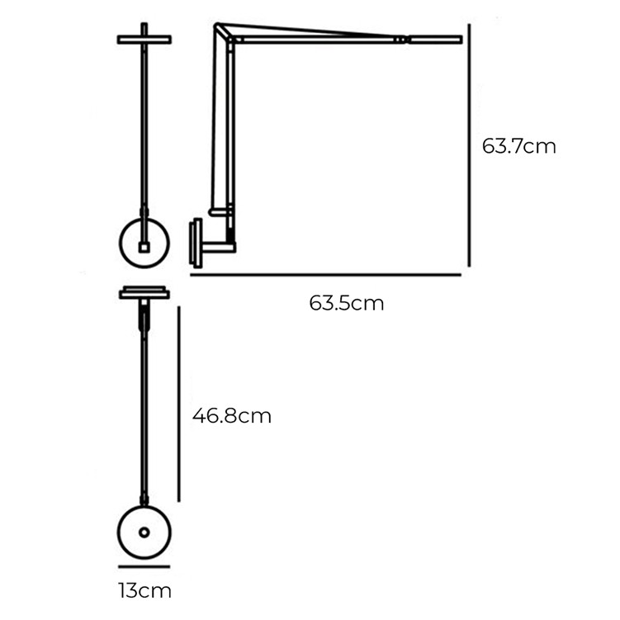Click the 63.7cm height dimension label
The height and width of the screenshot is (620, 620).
tap(518, 147)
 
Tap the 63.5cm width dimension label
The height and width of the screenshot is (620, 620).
tap(347, 303)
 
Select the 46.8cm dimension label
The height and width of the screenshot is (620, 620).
tap(232, 415)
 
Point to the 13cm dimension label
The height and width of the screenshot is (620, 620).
tap(144, 591)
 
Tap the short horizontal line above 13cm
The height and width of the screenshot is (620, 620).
tap(144, 566)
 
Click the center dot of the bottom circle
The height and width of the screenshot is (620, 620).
tap(144, 533)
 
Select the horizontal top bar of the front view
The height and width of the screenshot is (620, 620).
tap(144, 39)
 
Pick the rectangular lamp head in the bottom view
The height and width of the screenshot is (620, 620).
tap(144, 293)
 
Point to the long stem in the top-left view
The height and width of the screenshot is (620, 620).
tap(144, 124)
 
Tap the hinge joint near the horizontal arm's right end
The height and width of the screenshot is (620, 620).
tap(400, 38)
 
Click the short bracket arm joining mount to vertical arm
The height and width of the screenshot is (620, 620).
tap(218, 245)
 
